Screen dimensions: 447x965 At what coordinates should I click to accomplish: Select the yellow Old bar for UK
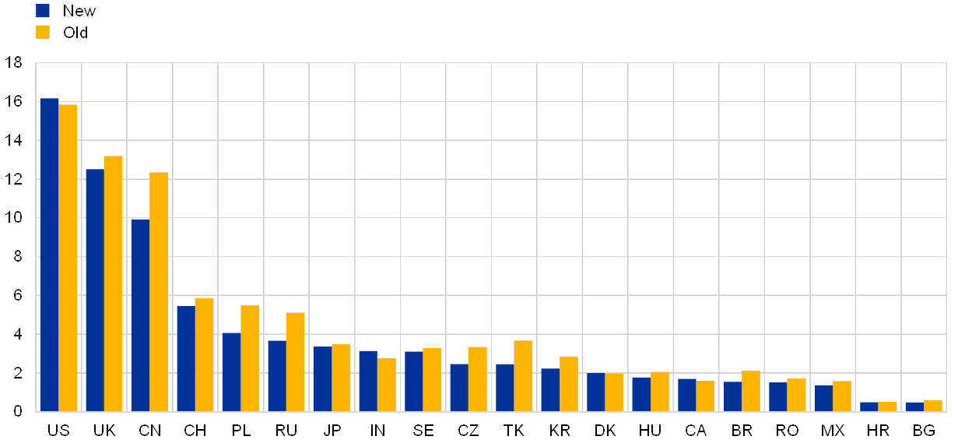pyautogui.click(x=113, y=283)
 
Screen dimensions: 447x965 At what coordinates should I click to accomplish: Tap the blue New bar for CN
pyautogui.click(x=140, y=315)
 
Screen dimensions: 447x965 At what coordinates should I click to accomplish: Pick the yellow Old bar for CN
pyautogui.click(x=159, y=292)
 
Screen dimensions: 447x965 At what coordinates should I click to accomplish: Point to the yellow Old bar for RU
pyautogui.click(x=295, y=362)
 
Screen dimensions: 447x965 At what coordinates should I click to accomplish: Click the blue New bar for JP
pyautogui.click(x=322, y=379)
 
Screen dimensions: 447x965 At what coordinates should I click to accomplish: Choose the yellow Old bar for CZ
pyautogui.click(x=477, y=379)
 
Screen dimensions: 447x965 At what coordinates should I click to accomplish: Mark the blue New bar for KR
pyautogui.click(x=550, y=390)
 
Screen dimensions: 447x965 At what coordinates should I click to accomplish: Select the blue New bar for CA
pyautogui.click(x=686, y=395)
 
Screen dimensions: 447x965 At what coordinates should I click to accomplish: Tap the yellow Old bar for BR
pyautogui.click(x=751, y=391)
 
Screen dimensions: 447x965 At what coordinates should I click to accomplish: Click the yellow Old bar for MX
pyautogui.click(x=842, y=396)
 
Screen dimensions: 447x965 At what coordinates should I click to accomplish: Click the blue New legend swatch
pyautogui.click(x=43, y=11)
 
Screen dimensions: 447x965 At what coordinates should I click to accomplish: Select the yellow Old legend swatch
pyautogui.click(x=43, y=32)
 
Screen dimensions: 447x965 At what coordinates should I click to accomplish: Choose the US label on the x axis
pyautogui.click(x=58, y=431)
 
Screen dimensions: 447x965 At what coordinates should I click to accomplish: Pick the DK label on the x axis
pyautogui.click(x=605, y=431)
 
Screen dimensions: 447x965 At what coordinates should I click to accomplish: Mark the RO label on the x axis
pyautogui.click(x=788, y=431)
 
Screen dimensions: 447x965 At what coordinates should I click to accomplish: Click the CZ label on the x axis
pyautogui.click(x=468, y=431)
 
